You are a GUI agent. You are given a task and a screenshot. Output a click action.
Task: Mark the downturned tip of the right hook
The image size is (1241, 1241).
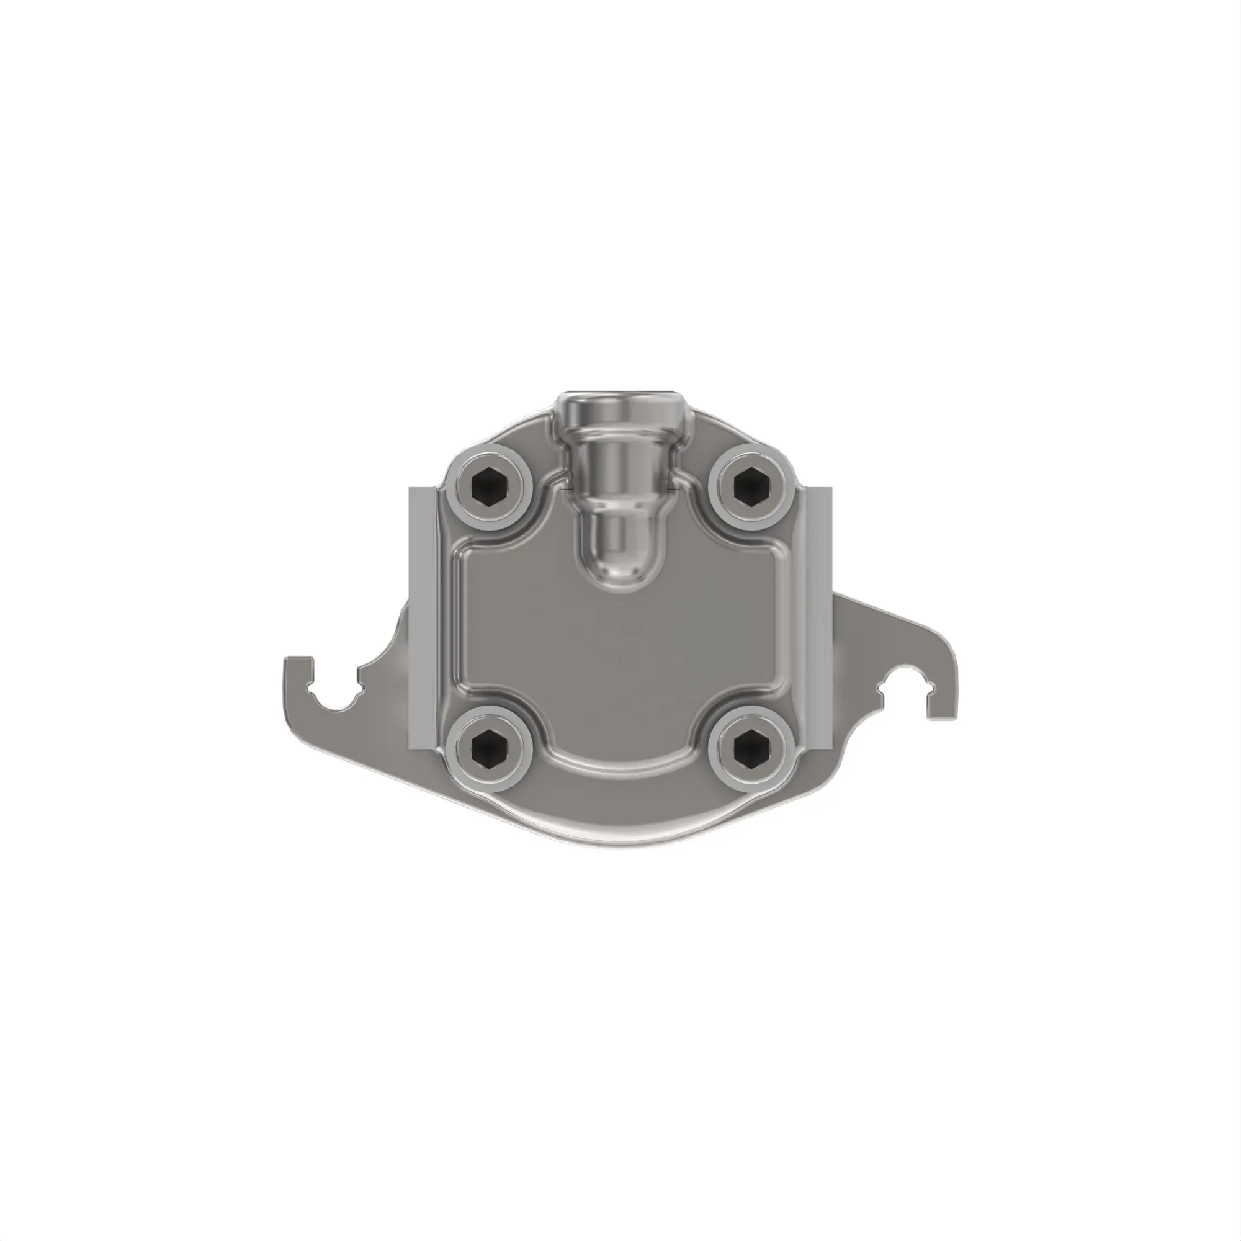[x=942, y=713]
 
